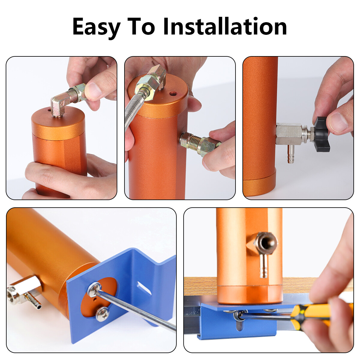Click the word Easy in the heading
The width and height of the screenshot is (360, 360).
point(96,27)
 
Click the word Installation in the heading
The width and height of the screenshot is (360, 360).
point(225,27)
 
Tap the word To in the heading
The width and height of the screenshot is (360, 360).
point(141,27)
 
